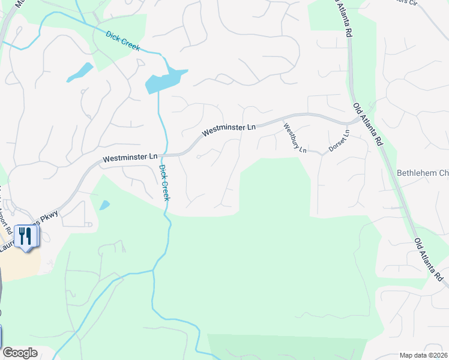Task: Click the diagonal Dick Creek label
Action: pos(122,41)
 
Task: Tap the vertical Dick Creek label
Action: pos(164,182)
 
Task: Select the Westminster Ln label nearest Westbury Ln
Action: pos(229,128)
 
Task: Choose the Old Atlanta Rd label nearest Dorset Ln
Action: pos(367,124)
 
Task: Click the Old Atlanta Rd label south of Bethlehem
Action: pos(429,260)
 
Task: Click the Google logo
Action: pos(20,353)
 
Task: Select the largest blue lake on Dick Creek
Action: pos(164,81)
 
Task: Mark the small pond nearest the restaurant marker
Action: pos(104,205)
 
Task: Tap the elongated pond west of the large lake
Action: pos(79,72)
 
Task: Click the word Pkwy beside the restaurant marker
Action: pos(50,217)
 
